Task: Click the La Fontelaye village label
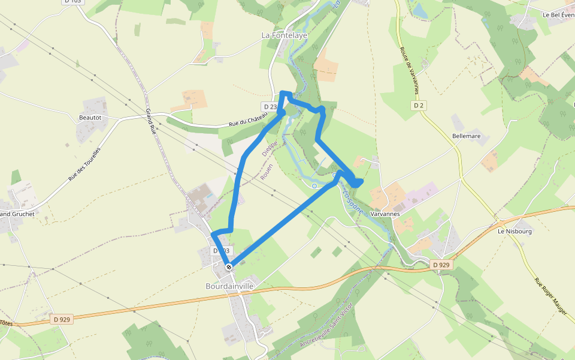285,35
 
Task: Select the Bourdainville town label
229,286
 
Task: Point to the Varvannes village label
385,214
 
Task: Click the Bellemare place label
467,136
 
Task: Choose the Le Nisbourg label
515,230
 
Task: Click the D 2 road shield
419,106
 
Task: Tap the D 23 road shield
270,107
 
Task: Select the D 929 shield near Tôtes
62,320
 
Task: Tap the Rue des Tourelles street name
84,164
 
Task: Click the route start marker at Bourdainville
229,267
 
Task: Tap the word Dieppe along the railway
270,146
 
